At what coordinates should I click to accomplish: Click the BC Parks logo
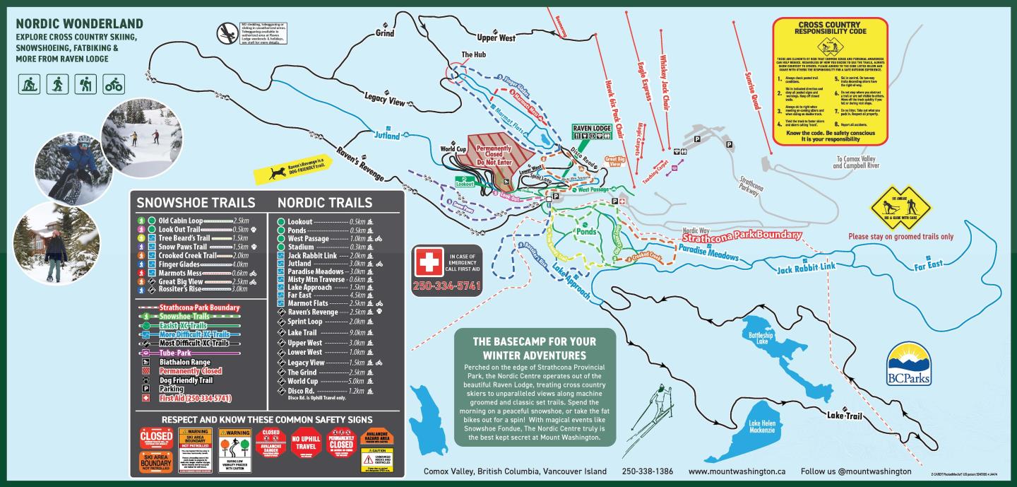(x=908, y=364)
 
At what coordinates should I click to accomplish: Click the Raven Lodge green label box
(x=591, y=129)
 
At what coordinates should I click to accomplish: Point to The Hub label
(x=472, y=54)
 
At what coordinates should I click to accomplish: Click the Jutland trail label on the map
(x=386, y=135)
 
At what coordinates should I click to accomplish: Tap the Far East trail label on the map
(x=928, y=266)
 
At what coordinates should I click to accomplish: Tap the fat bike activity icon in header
(x=113, y=85)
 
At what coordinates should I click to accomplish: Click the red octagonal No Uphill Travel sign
(x=306, y=442)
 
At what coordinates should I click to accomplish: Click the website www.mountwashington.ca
(x=737, y=471)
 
